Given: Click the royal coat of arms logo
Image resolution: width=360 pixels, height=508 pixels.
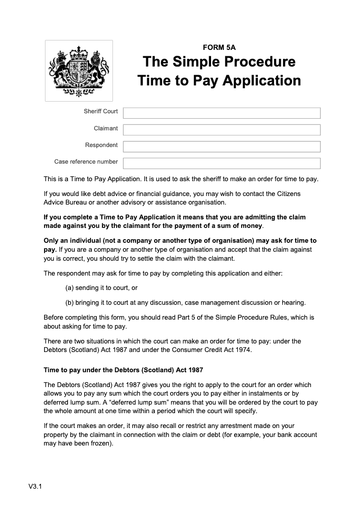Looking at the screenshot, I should (79, 71).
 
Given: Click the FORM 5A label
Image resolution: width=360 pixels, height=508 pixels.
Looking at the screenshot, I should (219, 47).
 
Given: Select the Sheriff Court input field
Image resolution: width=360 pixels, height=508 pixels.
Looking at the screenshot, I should (221, 113).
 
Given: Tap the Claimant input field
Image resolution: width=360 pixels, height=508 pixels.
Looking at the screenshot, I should (221, 130).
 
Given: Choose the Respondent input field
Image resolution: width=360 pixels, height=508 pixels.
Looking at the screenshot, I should (221, 147).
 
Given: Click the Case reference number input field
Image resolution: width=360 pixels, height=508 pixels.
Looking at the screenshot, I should (221, 163).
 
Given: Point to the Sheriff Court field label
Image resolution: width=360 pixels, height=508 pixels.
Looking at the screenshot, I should (100, 111).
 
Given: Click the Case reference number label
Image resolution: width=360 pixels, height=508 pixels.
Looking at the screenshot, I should (86, 162).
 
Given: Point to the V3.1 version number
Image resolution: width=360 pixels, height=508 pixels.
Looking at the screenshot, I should (35, 486).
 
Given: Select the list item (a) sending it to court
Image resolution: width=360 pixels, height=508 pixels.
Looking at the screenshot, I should (101, 288).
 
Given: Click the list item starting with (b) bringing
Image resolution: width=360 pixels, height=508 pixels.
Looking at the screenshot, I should (185, 302).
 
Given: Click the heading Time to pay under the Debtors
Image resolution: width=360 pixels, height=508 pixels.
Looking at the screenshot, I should (123, 370).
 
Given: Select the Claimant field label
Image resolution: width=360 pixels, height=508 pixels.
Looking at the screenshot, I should (106, 129).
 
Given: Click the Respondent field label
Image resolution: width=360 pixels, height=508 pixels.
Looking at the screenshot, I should (101, 145).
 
